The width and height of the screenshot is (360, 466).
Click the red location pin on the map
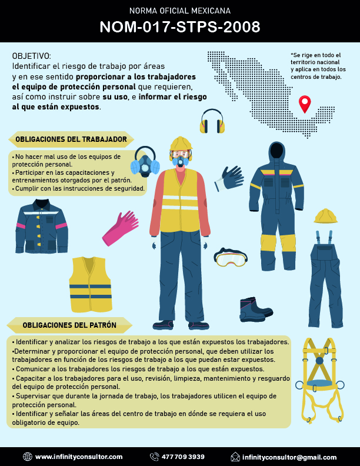coord(305,103)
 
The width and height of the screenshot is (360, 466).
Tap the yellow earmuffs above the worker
coord(212,121)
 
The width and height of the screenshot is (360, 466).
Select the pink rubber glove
coord(121,228)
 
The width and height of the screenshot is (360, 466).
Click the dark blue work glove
coord(229,178)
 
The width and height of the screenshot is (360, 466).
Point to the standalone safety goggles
coord(230,257)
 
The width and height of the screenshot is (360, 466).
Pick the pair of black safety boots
coord(256,309)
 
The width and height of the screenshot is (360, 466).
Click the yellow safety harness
coord(319,381)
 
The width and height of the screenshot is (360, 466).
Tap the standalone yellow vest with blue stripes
coord(91,284)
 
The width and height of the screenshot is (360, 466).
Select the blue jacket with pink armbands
coord(42,227)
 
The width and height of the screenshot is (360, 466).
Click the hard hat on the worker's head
coord(181,143)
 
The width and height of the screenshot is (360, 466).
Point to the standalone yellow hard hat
coord(326,216)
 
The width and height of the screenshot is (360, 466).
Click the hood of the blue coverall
coord(277,152)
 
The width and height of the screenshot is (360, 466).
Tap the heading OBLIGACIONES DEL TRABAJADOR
coord(71,139)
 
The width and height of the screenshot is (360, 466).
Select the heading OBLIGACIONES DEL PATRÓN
coord(69,325)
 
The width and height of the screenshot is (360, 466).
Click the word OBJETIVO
coord(32,56)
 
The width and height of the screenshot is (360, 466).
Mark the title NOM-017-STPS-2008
coord(180,27)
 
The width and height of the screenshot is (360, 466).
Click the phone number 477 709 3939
coord(183,457)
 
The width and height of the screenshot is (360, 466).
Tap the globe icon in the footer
coord(27,457)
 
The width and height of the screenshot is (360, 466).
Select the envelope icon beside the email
coord(235,457)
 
